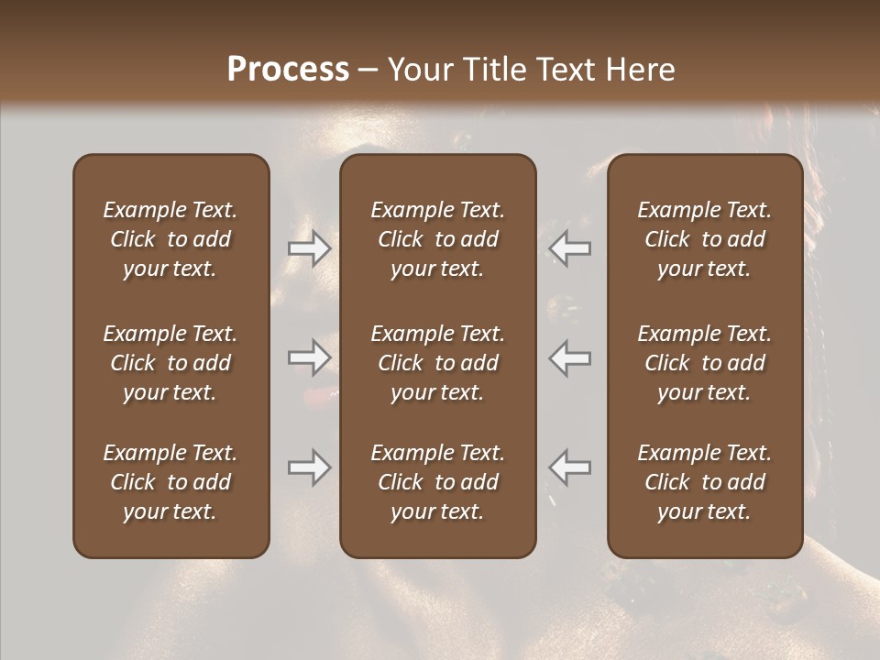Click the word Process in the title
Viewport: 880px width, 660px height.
pyautogui.click(x=288, y=69)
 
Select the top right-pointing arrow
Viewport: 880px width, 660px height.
pyautogui.click(x=310, y=248)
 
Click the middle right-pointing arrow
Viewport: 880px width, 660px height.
pyautogui.click(x=310, y=357)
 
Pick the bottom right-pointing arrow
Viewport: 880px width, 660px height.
pyautogui.click(x=310, y=467)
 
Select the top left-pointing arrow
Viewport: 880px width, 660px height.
pyautogui.click(x=570, y=248)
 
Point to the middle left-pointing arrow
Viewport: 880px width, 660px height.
pyautogui.click(x=570, y=357)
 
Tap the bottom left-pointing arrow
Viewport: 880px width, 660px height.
pyautogui.click(x=570, y=467)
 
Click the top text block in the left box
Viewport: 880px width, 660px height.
pyautogui.click(x=170, y=239)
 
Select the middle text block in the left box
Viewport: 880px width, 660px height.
pyautogui.click(x=170, y=363)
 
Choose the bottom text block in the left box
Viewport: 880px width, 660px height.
pyautogui.click(x=170, y=482)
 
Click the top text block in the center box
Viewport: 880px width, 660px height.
pyautogui.click(x=437, y=239)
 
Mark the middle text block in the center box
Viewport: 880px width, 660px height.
pyautogui.click(x=437, y=363)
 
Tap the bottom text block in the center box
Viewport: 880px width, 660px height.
pyautogui.click(x=437, y=482)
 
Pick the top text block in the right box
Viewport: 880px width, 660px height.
pyautogui.click(x=704, y=239)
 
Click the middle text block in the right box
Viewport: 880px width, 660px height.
pyautogui.click(x=704, y=363)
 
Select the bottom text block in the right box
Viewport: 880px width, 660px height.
pyautogui.click(x=704, y=482)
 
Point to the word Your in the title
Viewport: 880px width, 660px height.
pyautogui.click(x=419, y=69)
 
